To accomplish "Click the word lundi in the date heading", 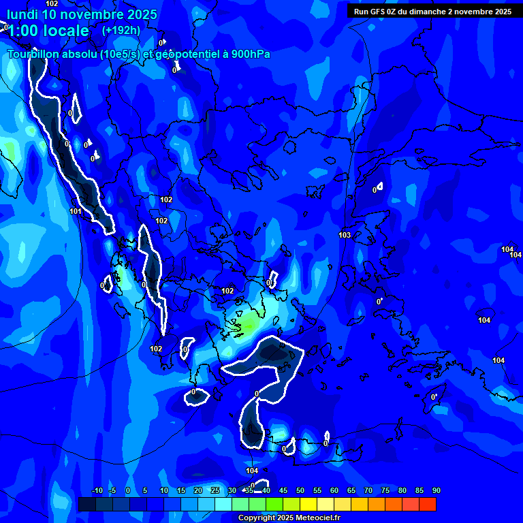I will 22,14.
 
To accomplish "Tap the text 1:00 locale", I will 48,31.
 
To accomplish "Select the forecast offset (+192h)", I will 121,30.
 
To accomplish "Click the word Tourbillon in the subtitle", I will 32,54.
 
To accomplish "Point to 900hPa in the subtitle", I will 249,54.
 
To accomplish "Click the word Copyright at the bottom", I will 257,518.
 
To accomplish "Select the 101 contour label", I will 76,212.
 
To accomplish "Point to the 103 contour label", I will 345,235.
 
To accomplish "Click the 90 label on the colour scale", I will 436,491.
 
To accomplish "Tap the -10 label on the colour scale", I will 97,491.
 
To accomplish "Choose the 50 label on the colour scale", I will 300,491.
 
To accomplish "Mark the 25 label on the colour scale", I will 215,491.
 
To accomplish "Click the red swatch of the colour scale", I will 428,504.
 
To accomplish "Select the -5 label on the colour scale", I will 112,491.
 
